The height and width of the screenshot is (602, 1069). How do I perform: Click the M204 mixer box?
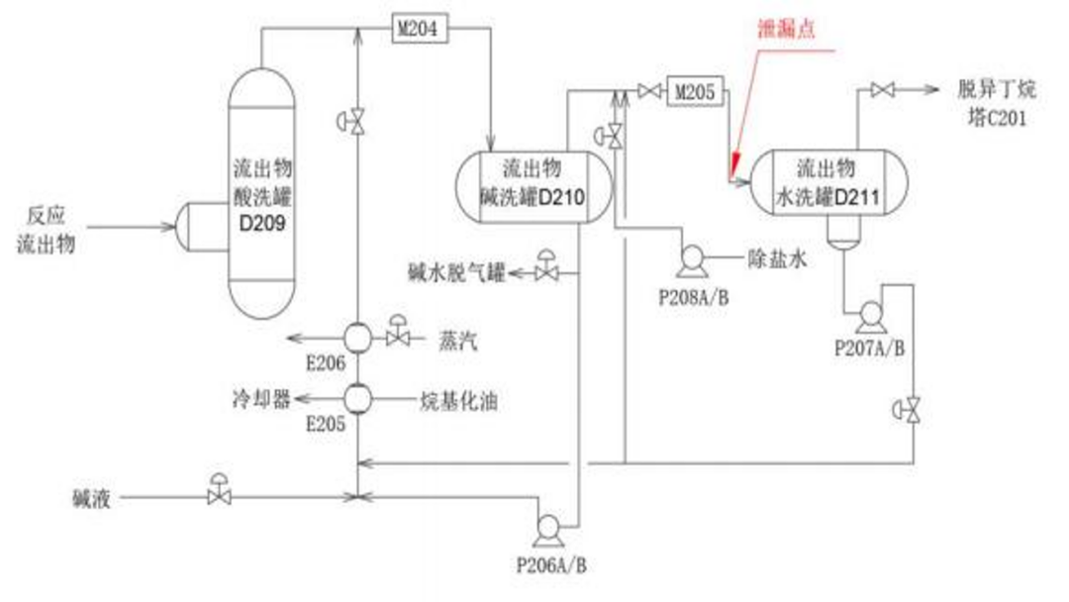(x=420, y=29)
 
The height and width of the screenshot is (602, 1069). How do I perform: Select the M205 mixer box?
(x=695, y=91)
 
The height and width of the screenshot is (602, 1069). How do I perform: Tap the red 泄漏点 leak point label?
(x=786, y=29)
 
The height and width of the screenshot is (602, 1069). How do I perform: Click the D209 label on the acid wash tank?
(x=262, y=223)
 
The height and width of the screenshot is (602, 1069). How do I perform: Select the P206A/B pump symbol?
(x=548, y=530)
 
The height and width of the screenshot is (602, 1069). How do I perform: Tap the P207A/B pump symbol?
(x=871, y=316)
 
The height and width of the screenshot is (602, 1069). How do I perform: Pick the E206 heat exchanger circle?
(x=357, y=338)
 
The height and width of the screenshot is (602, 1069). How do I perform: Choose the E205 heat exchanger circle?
(x=357, y=399)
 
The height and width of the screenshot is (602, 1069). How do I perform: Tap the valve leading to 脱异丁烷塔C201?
(x=883, y=89)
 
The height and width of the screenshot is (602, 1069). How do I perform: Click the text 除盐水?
(x=777, y=258)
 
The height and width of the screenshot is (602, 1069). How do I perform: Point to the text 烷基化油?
(x=458, y=401)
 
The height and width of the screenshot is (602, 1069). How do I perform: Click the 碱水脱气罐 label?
(x=456, y=273)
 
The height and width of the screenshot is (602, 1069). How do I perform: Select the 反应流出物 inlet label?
(x=46, y=230)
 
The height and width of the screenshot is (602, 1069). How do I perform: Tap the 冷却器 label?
(x=261, y=399)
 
